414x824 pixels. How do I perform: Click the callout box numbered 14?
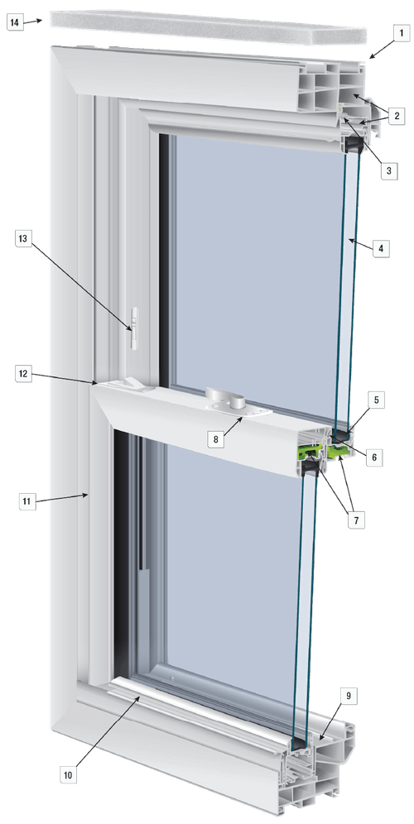[16, 22]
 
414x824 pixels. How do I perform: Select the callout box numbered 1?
[400, 34]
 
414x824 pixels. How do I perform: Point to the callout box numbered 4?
[380, 248]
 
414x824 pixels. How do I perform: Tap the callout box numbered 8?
[216, 439]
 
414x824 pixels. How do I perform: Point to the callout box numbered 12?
[24, 374]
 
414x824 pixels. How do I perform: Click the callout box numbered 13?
[25, 240]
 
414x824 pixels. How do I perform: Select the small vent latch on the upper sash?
[132, 321]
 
